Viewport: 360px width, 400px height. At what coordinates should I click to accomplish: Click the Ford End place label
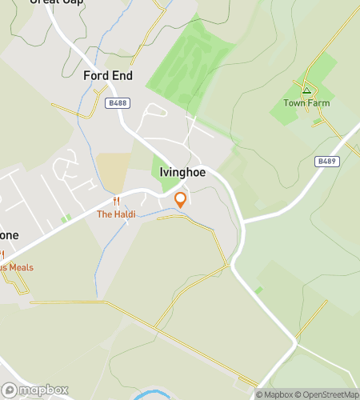108,76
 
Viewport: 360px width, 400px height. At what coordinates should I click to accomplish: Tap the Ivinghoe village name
178,172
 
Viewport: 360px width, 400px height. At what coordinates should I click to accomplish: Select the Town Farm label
306,103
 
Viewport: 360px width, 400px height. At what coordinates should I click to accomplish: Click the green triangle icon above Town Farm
306,90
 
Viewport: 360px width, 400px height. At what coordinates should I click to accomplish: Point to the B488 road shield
116,102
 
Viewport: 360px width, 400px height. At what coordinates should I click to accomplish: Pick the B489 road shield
326,161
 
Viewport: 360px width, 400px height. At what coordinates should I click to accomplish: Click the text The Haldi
116,214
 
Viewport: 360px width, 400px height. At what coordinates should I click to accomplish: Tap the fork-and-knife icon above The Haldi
116,202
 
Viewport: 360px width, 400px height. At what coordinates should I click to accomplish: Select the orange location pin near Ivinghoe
181,199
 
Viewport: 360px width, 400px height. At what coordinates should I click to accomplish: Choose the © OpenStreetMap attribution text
329,394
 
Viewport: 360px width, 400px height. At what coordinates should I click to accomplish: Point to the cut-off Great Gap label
56,2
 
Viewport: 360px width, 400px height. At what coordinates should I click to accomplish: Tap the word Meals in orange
21,267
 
